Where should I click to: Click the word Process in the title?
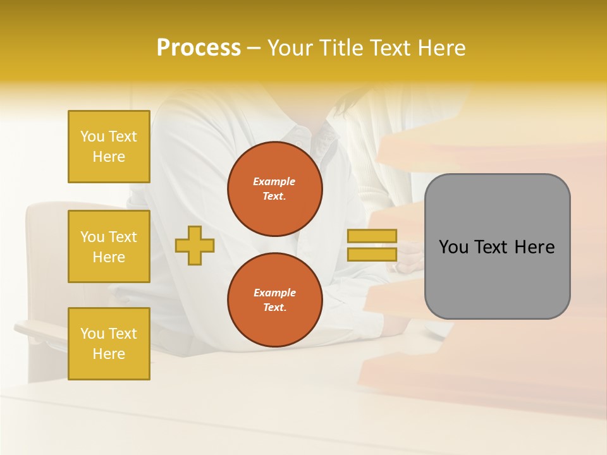coord(199,48)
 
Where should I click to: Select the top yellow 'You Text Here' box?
coord(109,147)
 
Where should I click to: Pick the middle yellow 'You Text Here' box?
coord(109,246)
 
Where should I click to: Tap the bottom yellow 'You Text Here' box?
coord(109,344)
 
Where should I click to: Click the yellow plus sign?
coord(195,245)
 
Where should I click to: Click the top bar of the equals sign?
coord(372,236)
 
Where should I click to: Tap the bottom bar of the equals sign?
coord(372,255)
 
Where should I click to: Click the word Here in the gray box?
coord(534,247)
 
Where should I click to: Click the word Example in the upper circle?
coord(274,181)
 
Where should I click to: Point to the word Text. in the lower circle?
coord(274,308)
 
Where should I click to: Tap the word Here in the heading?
coord(440,48)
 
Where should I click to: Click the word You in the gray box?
coord(453,247)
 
